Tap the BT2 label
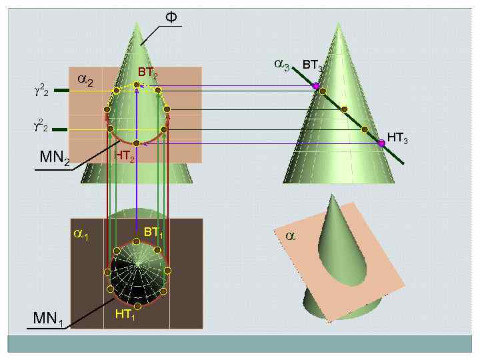(x=147, y=73)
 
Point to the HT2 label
(x=125, y=157)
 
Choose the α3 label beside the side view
(x=282, y=65)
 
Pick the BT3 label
(x=312, y=65)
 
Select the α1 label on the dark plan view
(x=81, y=235)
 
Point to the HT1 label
(x=125, y=315)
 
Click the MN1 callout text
(x=49, y=319)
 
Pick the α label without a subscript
(x=290, y=236)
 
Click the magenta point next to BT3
(x=316, y=86)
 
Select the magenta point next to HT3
(x=382, y=142)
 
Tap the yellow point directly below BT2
(x=137, y=85)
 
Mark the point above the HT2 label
(x=136, y=143)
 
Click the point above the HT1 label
(x=137, y=306)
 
